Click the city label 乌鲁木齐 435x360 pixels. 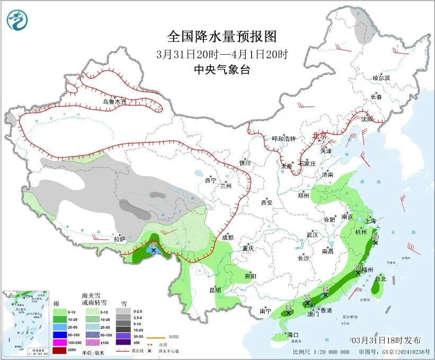pyautogui.click(x=114, y=101)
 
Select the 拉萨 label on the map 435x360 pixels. pyautogui.click(x=120, y=239)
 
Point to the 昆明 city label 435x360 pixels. pyautogui.click(x=215, y=290)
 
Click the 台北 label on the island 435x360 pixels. pyautogui.click(x=381, y=278)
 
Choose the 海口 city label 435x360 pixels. pyautogui.click(x=292, y=335)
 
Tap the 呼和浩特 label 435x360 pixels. pyautogui.click(x=283, y=138)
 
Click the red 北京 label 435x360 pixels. pyautogui.click(x=319, y=135)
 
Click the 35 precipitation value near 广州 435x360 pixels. pyautogui.click(x=307, y=298)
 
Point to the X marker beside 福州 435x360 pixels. pyautogui.click(x=358, y=273)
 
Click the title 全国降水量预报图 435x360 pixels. pyautogui.click(x=222, y=37)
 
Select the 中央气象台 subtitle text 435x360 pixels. pyautogui.click(x=222, y=69)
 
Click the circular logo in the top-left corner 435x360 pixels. pyautogui.click(x=16, y=20)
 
